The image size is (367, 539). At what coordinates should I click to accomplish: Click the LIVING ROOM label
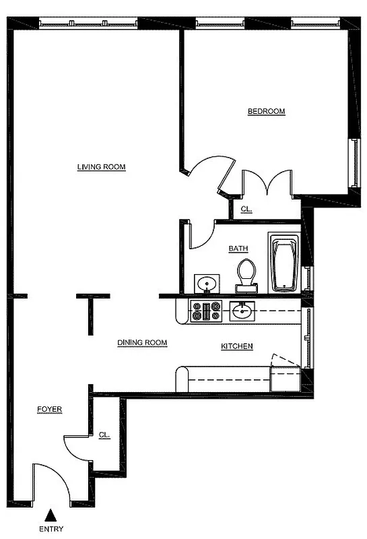coord(101,167)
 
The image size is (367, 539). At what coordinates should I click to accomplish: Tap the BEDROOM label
coord(266,112)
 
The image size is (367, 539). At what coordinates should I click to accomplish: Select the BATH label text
coord(238,249)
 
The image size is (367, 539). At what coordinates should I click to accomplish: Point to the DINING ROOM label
coord(142,343)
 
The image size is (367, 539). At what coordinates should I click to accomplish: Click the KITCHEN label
coord(237,346)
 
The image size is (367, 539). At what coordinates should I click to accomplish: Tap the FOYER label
coord(49,410)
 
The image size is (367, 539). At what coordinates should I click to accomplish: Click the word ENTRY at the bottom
coord(51,530)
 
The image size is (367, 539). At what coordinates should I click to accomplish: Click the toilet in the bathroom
coord(246,276)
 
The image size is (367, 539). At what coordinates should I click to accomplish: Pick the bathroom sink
coord(206,283)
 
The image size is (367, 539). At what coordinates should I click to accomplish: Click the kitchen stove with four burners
coord(207,311)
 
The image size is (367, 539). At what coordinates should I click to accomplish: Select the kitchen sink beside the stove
coord(242,311)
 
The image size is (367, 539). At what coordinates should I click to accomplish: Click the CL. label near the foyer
coord(104,435)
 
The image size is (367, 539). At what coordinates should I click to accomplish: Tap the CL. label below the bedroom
coord(246,210)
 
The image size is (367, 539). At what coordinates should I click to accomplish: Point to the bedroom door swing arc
coord(211,168)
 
